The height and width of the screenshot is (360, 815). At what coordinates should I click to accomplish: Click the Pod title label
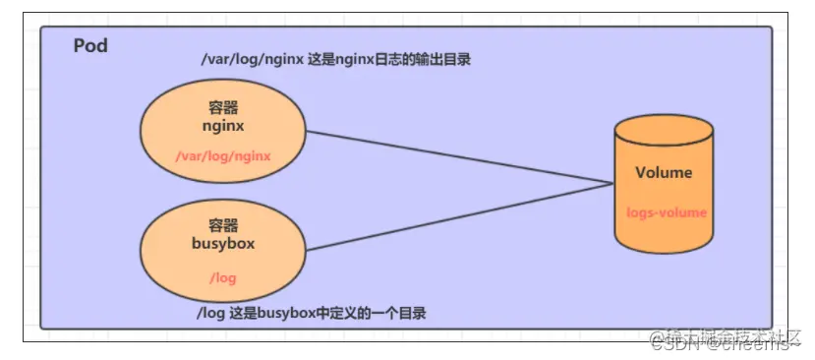(x=90, y=46)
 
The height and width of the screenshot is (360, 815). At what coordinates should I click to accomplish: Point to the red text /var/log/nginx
(x=223, y=155)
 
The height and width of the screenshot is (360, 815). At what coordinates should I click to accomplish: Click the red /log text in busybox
(x=223, y=278)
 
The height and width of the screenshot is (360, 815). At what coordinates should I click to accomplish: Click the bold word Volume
(x=664, y=173)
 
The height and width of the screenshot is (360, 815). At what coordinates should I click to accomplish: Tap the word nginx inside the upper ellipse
(x=223, y=126)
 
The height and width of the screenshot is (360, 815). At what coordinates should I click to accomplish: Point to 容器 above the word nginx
(x=223, y=109)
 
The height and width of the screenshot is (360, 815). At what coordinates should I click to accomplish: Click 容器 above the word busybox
(x=223, y=225)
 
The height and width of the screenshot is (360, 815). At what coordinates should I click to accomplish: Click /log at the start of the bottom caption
(x=212, y=313)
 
